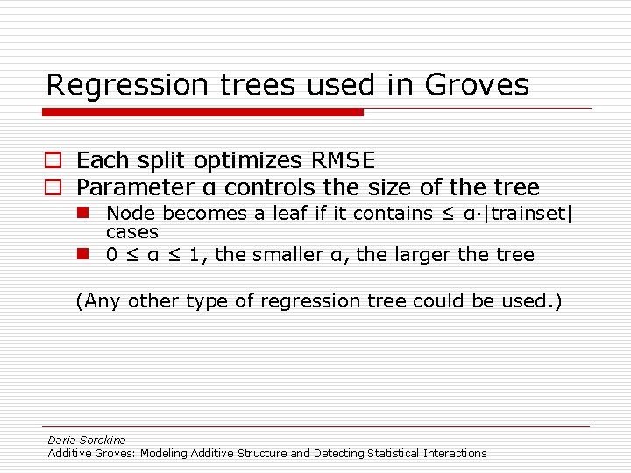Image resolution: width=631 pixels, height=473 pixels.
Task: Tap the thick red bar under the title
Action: point(202,112)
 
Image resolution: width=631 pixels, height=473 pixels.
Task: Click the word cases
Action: point(131,232)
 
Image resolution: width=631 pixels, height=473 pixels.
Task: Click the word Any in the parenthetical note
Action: point(101,301)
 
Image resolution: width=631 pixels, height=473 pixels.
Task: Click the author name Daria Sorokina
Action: point(87,440)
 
